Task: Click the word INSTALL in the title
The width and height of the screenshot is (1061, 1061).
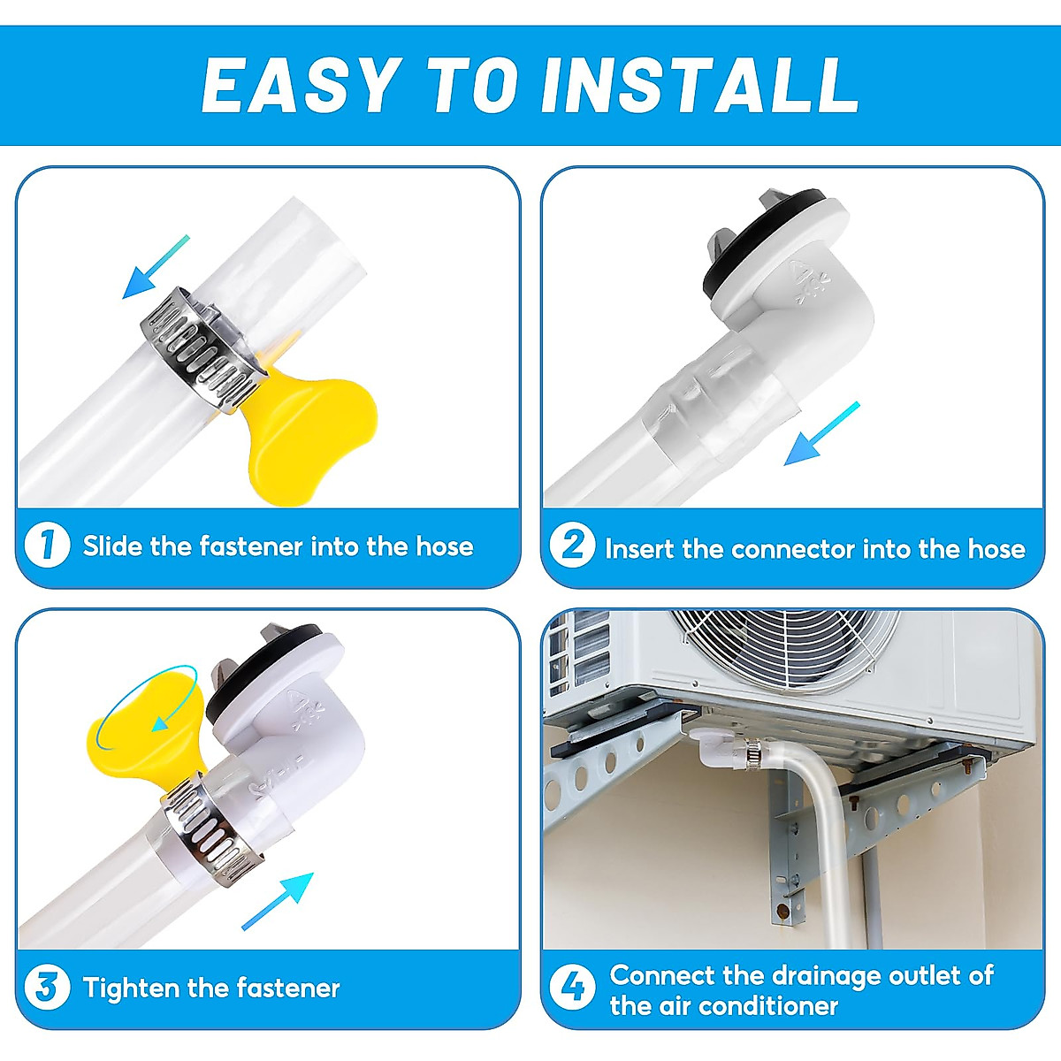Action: (x=700, y=86)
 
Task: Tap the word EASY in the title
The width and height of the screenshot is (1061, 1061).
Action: (x=301, y=86)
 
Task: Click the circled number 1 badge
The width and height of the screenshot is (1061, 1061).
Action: (x=48, y=546)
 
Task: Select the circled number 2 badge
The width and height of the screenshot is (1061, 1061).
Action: (x=573, y=546)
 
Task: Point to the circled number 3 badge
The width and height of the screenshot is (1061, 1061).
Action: (x=48, y=988)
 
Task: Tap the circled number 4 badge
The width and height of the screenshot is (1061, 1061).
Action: (x=573, y=988)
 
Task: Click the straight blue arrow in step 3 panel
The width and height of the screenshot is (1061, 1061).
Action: (x=278, y=901)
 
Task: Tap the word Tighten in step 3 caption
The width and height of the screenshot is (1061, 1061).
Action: (x=131, y=988)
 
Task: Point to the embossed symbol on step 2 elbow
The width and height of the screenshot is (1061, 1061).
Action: (x=808, y=282)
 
